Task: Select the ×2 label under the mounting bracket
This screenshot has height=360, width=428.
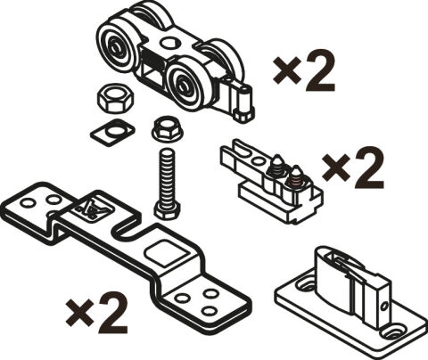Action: click(97, 313)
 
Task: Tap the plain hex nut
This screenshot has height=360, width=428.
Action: click(115, 98)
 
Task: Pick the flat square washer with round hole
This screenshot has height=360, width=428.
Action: click(112, 132)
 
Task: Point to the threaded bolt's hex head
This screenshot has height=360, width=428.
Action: click(167, 210)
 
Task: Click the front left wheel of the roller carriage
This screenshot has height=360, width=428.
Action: click(119, 47)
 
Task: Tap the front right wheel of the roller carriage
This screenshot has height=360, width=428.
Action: click(186, 86)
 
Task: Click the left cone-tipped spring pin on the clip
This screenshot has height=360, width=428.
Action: click(277, 165)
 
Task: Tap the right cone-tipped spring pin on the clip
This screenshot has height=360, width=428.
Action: click(295, 176)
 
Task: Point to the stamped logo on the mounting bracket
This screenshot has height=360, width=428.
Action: click(93, 208)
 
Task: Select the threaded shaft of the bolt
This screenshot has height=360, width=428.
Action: click(167, 176)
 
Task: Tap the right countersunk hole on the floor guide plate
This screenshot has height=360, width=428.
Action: click(393, 332)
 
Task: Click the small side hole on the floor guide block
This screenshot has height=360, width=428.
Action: click(384, 306)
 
